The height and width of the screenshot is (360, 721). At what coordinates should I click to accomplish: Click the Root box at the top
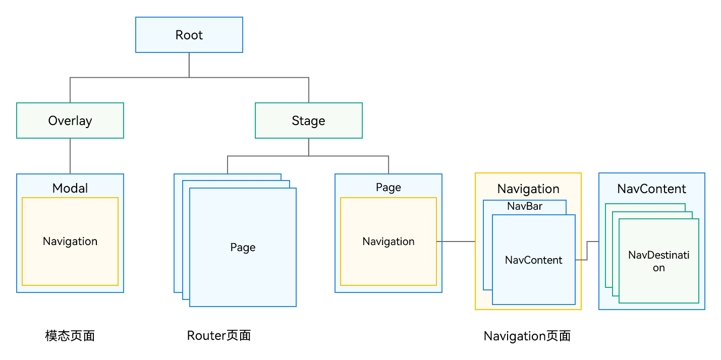189,35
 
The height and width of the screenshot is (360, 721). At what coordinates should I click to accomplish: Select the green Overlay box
70,121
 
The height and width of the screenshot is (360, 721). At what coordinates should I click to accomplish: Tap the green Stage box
308,121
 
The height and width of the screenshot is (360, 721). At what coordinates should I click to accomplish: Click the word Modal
70,188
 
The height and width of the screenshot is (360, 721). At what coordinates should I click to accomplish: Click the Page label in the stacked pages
243,247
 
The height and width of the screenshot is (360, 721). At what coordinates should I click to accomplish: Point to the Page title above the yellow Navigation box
389,187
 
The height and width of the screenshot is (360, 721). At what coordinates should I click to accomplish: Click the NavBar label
525,206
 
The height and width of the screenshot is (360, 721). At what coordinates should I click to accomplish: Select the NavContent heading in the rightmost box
651,189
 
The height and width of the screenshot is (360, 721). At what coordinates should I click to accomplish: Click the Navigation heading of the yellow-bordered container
528,189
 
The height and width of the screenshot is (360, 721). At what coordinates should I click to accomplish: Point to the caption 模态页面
70,336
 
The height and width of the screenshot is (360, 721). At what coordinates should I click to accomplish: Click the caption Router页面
219,335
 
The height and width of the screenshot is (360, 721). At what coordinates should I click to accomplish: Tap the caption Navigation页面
527,336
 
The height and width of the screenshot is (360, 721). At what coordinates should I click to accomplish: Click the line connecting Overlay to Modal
70,156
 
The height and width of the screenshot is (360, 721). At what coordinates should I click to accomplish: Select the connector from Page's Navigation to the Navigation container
456,242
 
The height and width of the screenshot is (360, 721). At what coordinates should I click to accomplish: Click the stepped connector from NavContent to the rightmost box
587,251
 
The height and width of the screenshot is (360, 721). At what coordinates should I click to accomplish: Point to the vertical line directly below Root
189,65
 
